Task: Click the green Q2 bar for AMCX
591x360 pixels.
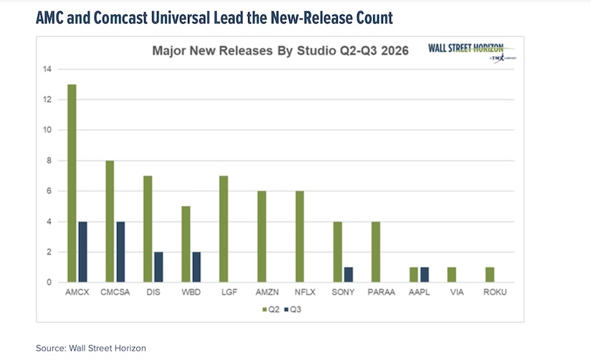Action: click(72, 184)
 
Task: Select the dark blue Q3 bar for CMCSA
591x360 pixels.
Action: click(120, 252)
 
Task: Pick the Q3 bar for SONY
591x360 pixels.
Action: click(349, 275)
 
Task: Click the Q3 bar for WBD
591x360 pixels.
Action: click(197, 267)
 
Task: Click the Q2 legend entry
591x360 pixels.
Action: click(268, 311)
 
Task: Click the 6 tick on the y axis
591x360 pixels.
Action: click(48, 191)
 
